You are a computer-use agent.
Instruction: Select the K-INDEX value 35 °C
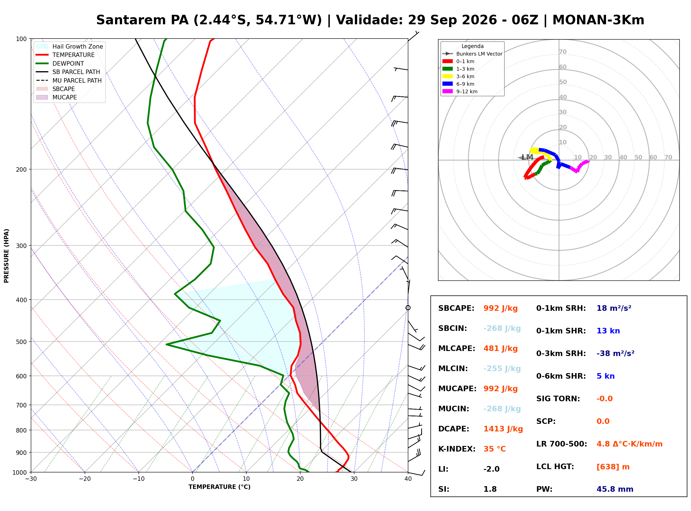tap(495, 449)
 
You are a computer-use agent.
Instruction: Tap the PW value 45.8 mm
tap(615, 489)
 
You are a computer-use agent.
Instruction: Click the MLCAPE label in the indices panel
tap(457, 348)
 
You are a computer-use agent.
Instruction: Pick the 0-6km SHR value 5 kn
tap(606, 376)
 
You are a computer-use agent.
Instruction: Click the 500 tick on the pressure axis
tap(21, 342)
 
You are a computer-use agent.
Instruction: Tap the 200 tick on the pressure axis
tap(21, 169)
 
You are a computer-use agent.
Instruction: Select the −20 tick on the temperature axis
tap(85, 479)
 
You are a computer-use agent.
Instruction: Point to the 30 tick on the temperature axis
tap(354, 479)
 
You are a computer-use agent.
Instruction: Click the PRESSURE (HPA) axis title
tap(6, 256)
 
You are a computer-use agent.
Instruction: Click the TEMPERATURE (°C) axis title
tap(220, 487)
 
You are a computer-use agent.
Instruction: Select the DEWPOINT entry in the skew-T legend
tap(68, 64)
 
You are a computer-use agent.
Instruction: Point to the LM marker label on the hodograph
tap(527, 157)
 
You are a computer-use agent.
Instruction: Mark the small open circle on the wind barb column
tap(408, 308)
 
